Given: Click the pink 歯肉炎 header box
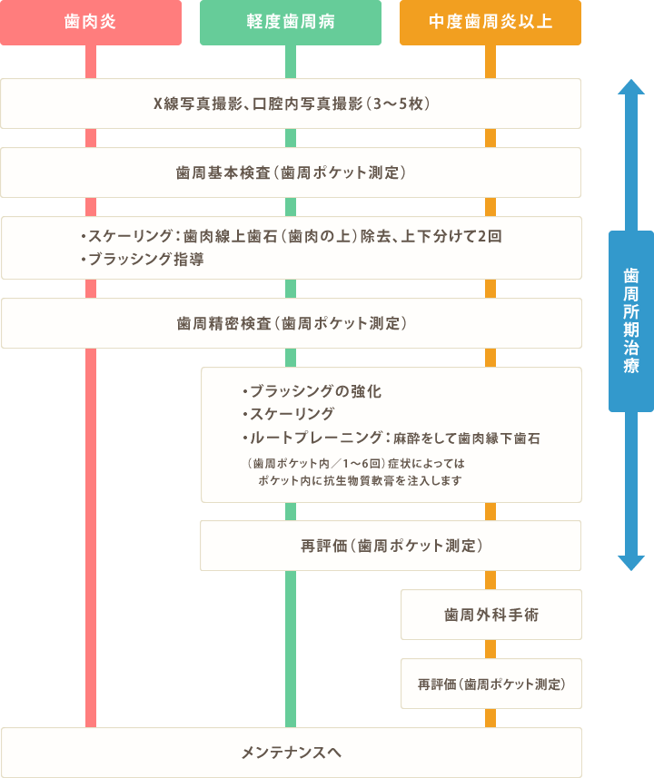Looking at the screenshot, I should click(90, 23).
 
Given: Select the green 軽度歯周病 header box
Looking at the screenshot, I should click(290, 23).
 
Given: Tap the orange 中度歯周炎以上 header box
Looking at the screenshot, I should click(490, 23).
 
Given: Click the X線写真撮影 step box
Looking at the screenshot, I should click(291, 103).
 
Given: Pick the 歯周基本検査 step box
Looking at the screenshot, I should click(291, 172).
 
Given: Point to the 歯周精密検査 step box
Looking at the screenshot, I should click(291, 323).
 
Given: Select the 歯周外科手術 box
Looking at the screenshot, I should click(490, 615).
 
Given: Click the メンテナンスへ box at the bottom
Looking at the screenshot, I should click(291, 753).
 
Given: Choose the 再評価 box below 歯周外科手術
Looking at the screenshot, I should click(490, 684).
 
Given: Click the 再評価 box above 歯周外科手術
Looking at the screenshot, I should click(391, 546).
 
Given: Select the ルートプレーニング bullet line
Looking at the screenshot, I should click(391, 438).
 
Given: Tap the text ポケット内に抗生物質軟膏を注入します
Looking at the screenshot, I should click(360, 480).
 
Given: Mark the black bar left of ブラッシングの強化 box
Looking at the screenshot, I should click(198, 415).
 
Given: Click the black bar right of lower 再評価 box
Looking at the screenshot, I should click(586, 684).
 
